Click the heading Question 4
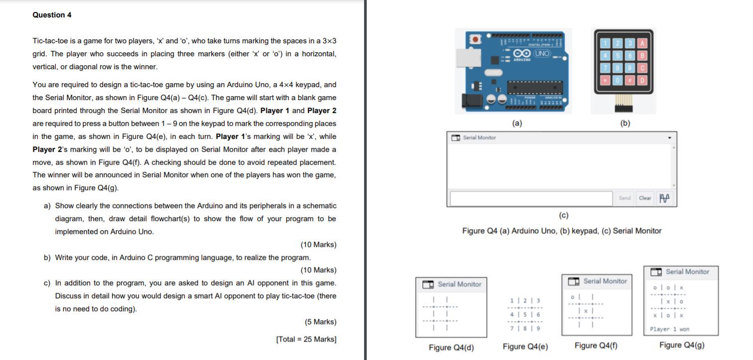tap(52, 15)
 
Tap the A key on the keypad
tap(642, 43)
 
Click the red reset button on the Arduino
tap(475, 39)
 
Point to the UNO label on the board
tap(542, 53)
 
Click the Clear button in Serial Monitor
tap(645, 198)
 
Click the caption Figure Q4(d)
tap(451, 347)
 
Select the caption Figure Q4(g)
tap(682, 345)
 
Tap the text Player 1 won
tap(670, 329)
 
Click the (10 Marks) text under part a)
tap(318, 244)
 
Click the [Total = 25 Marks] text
tap(306, 339)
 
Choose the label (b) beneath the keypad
tap(625, 123)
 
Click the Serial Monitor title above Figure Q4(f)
tap(605, 281)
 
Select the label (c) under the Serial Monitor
tap(563, 216)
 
